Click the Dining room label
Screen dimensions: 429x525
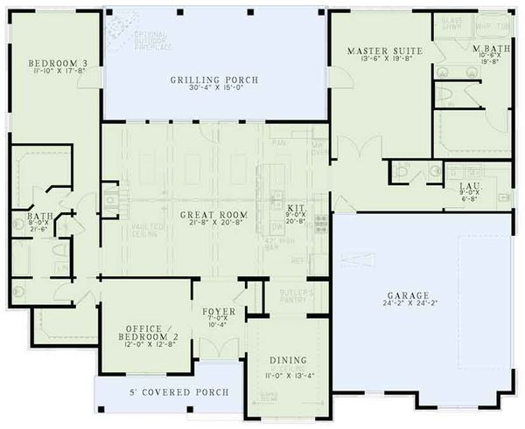click(x=288, y=360)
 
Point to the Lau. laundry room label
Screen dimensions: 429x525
click(x=467, y=186)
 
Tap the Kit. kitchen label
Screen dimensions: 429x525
click(x=297, y=208)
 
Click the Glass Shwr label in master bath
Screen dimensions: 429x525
click(x=451, y=23)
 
